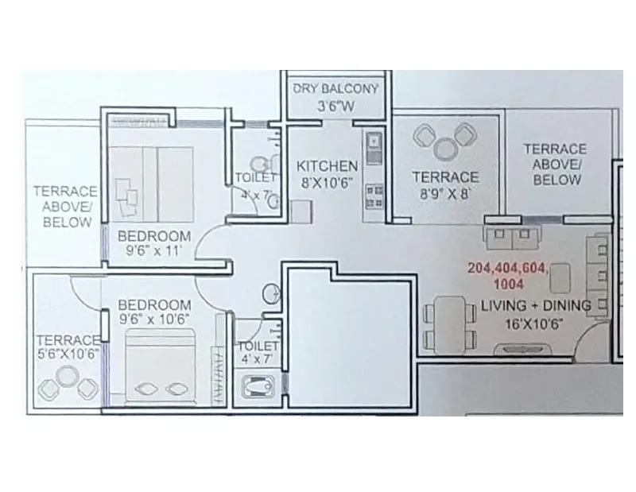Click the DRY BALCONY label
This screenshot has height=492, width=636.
[x=336, y=88]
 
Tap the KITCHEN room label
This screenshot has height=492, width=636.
[x=327, y=166]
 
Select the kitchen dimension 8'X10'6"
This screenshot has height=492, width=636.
[x=327, y=181]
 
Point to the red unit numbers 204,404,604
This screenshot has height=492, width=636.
[x=509, y=268]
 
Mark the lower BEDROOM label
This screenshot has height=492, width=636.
[x=154, y=305]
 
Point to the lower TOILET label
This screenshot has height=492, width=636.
[x=258, y=347]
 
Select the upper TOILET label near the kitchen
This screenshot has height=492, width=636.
[x=255, y=177]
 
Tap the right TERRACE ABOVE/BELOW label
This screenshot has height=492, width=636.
[x=555, y=164]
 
